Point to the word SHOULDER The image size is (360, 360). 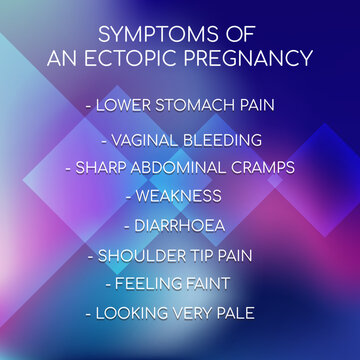(x=143, y=254)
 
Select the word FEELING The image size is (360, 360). (x=150, y=283)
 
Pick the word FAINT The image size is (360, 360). (x=215, y=283)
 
